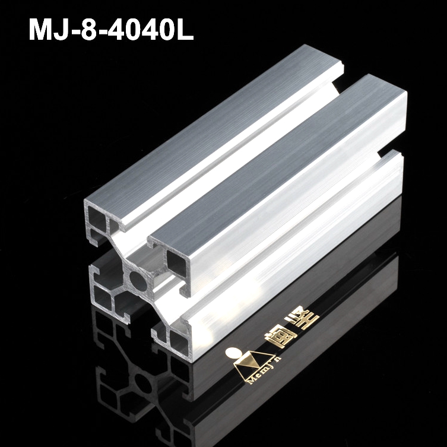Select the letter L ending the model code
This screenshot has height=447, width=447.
(x=185, y=29)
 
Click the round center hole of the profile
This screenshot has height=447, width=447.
(x=136, y=277)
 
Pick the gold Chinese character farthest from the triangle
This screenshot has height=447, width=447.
(x=311, y=322)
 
